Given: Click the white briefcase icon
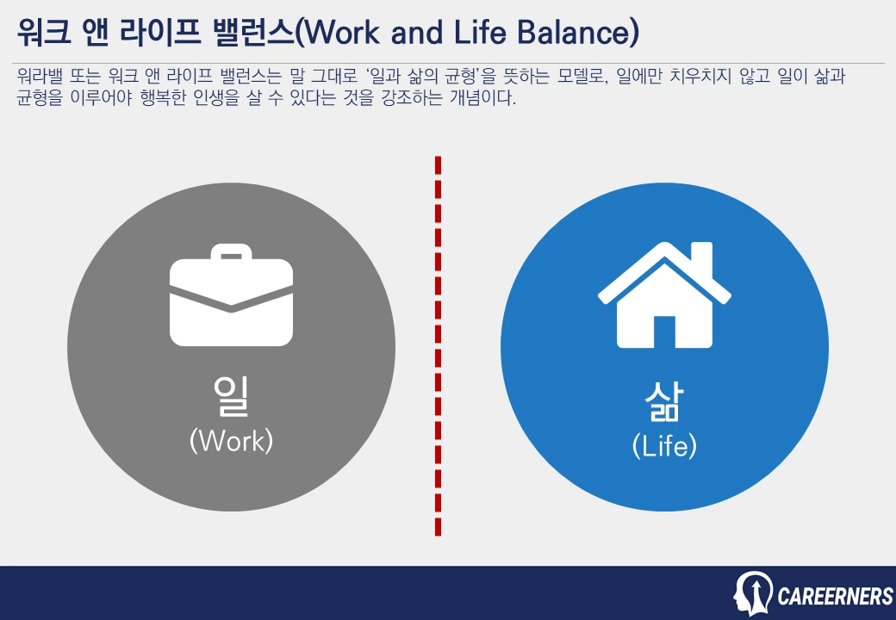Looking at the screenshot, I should [231, 297].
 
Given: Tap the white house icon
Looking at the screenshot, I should [664, 297].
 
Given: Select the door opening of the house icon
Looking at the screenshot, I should [664, 332].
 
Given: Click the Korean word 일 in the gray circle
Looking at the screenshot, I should [231, 396].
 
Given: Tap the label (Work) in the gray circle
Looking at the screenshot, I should [231, 440].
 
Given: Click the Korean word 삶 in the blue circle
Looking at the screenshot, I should [664, 401].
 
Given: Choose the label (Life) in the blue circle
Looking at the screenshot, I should [664, 446].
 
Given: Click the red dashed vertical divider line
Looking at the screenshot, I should [438, 344].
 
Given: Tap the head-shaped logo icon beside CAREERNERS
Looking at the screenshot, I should [752, 593].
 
